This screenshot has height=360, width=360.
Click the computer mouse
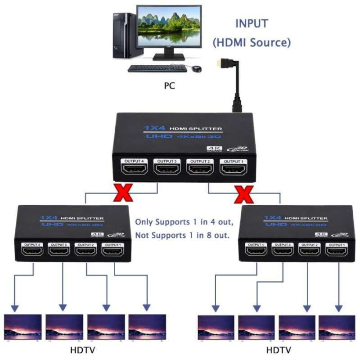click(197, 69)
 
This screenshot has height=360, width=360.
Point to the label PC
click(170, 85)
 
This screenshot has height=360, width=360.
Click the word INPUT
click(252, 23)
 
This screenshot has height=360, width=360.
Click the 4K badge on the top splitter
click(211, 149)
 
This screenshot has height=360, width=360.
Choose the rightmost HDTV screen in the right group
click(337, 327)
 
